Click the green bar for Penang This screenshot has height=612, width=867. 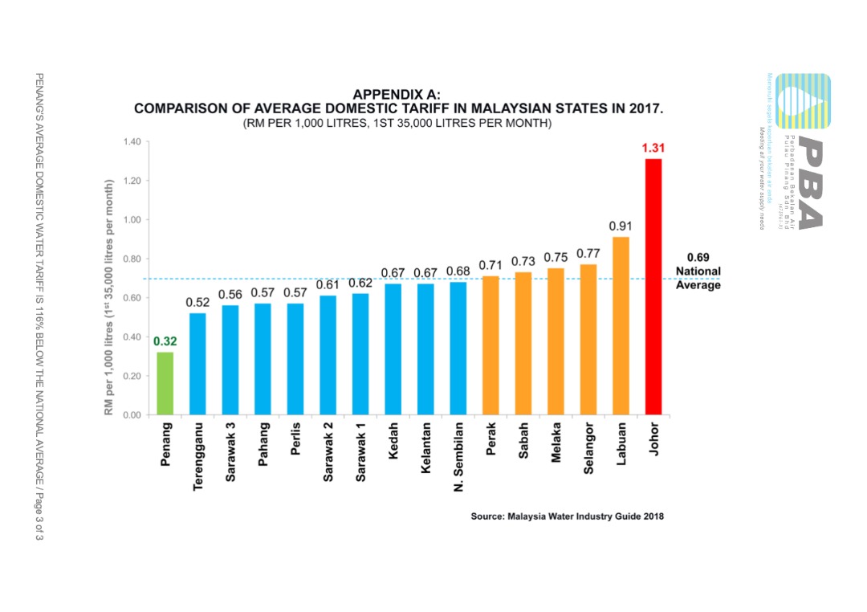[x=165, y=384]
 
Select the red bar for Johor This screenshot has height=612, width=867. [x=653, y=287]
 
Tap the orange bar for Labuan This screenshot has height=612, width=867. [x=621, y=325]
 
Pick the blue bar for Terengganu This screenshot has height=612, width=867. [x=197, y=364]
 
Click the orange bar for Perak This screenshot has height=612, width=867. [x=490, y=345]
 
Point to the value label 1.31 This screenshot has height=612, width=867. [x=653, y=149]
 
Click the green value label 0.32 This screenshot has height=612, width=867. [x=165, y=341]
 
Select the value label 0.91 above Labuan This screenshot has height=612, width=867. [x=621, y=226]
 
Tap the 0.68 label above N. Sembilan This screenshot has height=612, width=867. [x=458, y=272]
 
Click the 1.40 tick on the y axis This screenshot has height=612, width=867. [x=132, y=142]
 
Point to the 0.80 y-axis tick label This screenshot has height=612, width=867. [x=132, y=259]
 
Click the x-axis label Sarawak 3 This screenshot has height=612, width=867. [x=230, y=452]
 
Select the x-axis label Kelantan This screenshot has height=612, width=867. [x=425, y=447]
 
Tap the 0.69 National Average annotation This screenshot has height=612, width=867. [x=698, y=271]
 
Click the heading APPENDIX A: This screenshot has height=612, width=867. [x=397, y=95]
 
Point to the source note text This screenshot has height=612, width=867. [x=567, y=516]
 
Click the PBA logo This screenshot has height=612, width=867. [x=798, y=153]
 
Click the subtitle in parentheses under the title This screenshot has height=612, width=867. [x=397, y=124]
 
